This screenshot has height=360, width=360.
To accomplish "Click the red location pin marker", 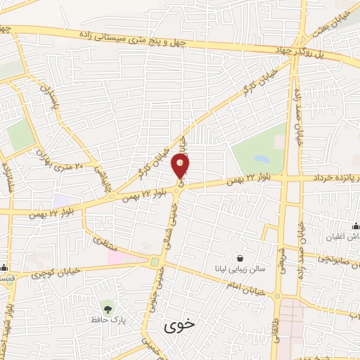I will click(180, 167).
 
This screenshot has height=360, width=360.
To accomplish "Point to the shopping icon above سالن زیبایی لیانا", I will click(240, 258).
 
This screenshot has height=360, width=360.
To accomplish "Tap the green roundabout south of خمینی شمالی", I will click(154, 262).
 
